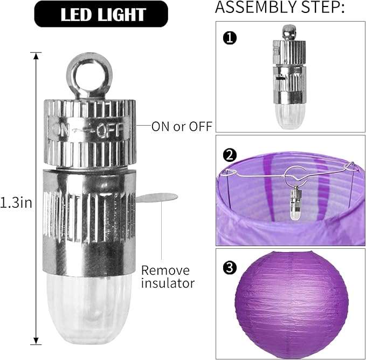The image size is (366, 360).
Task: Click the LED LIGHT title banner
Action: point(101,14)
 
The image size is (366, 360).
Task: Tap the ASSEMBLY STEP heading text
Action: point(280,7)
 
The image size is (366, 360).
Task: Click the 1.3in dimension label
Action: point(16,203)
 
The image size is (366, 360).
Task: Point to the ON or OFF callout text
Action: point(182,126)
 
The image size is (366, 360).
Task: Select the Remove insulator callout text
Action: point(168,277)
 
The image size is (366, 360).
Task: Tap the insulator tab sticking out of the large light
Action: point(157,198)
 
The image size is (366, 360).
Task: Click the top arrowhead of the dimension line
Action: point(36,56)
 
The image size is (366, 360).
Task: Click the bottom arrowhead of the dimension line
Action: point(36,341)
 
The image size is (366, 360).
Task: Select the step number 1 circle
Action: point(230,38)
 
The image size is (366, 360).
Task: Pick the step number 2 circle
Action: point(230,155)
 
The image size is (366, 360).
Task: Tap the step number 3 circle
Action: point(230,268)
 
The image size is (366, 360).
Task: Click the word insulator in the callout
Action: point(168,283)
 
